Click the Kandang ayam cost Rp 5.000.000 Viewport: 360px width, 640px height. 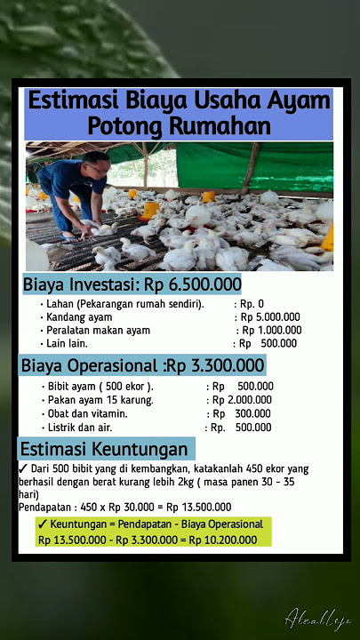coord(268,316)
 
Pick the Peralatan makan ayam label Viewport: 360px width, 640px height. coord(98,330)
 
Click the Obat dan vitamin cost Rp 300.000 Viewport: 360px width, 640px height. coord(240,413)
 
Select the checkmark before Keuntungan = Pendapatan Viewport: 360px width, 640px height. coord(43,524)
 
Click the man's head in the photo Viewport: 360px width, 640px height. coord(95,165)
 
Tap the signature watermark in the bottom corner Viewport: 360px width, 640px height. coord(317,618)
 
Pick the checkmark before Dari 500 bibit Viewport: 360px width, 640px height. coord(23,468)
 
